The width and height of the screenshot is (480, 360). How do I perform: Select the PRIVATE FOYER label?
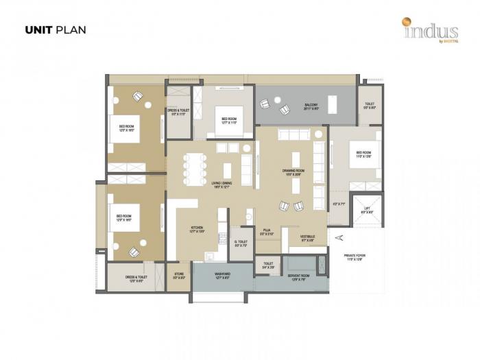tap(355, 257)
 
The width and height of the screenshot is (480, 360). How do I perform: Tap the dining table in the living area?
tap(194, 167)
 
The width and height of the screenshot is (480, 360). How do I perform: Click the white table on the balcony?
tap(332, 105)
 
